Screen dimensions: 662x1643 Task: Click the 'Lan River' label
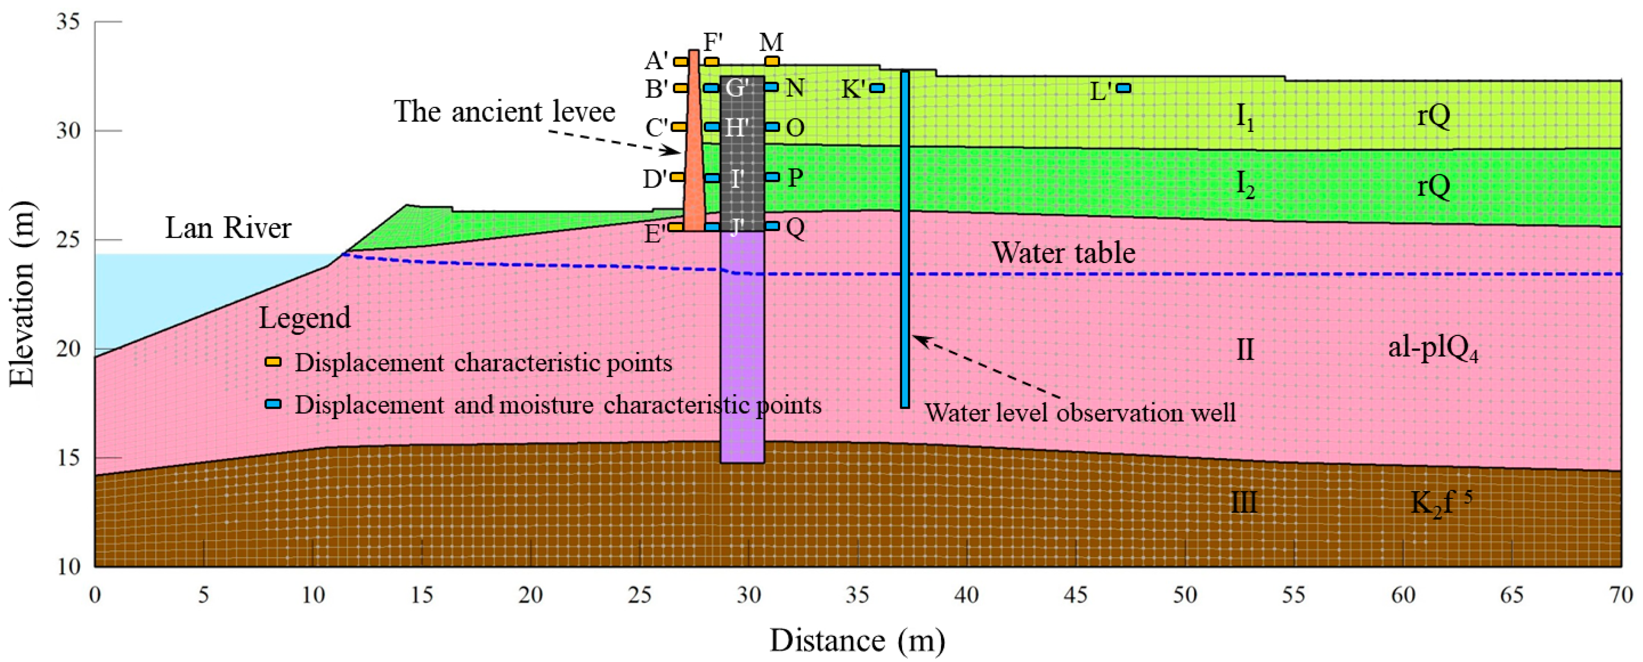click(x=228, y=228)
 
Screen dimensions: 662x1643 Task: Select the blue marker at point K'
click(x=878, y=88)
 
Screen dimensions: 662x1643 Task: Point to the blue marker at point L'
click(x=1124, y=88)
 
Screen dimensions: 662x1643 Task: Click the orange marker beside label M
click(x=772, y=62)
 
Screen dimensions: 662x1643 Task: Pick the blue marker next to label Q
click(x=772, y=226)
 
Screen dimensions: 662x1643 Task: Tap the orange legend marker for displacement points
click(x=273, y=362)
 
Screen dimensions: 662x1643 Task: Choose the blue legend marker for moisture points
click(x=273, y=405)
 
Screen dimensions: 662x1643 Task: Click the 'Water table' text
click(x=1063, y=253)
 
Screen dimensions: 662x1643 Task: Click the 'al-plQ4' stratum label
click(x=1432, y=349)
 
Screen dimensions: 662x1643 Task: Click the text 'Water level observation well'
click(x=1080, y=413)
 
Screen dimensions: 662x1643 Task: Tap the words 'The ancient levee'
click(x=504, y=112)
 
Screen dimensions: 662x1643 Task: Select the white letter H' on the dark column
click(x=737, y=128)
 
